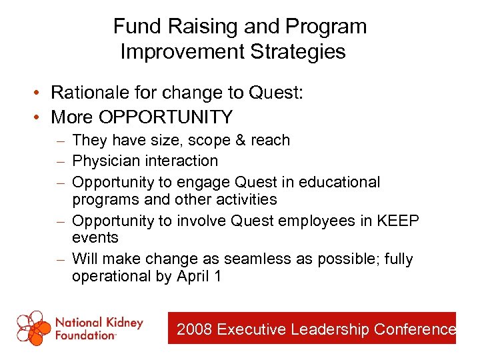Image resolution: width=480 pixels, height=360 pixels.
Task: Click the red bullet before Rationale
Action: click(x=41, y=93)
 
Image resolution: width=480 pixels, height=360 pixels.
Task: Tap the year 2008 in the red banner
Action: click(x=195, y=329)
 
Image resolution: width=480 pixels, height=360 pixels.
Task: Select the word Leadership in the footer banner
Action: click(x=331, y=329)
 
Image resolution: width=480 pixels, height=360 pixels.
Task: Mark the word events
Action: click(x=95, y=238)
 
